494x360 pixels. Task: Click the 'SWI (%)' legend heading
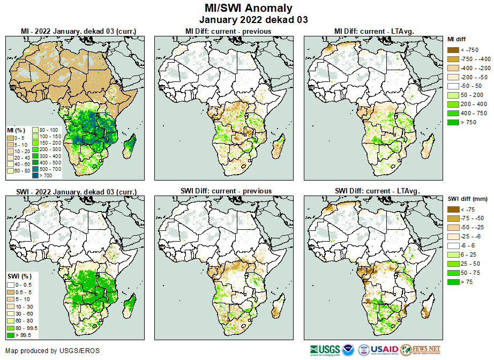(x=17, y=276)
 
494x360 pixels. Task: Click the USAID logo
(x=384, y=350)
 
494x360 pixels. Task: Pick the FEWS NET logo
(x=420, y=350)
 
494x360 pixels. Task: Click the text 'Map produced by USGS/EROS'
(x=52, y=351)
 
